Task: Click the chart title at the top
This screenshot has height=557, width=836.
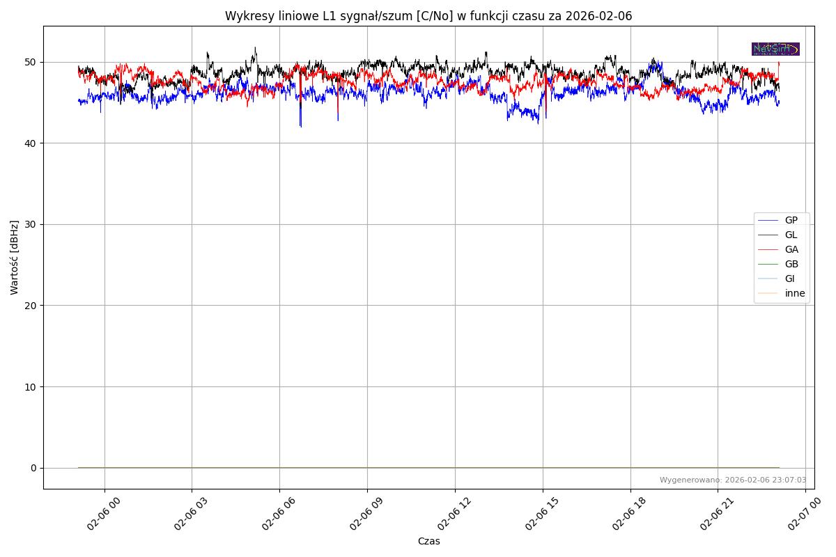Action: tap(428, 16)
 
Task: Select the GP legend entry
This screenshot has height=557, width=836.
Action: tap(791, 221)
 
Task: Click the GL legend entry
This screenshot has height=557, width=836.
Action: tap(791, 235)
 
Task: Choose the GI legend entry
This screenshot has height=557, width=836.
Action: tap(789, 279)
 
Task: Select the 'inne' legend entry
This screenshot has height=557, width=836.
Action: tap(794, 294)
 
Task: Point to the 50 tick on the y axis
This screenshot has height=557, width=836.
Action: tap(31, 63)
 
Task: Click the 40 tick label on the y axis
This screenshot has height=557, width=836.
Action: tap(31, 143)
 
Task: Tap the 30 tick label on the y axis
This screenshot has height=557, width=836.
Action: tap(31, 225)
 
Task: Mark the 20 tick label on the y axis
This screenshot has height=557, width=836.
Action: tap(31, 306)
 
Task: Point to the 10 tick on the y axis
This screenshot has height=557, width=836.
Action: tap(31, 387)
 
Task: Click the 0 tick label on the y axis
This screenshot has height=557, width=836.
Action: tap(33, 468)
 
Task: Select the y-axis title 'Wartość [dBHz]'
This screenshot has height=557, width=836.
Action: tap(15, 258)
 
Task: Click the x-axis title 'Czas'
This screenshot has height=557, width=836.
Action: tap(428, 542)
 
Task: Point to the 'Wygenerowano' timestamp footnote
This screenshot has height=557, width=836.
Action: tap(733, 480)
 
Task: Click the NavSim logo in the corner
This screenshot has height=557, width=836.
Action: tap(775, 49)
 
